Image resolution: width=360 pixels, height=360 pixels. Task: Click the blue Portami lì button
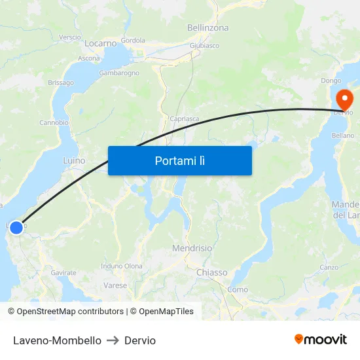click(x=179, y=160)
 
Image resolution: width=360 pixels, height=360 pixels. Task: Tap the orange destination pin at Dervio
click(x=344, y=99)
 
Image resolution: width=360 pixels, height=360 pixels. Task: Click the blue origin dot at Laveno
click(x=16, y=228)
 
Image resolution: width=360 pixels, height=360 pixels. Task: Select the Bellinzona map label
click(x=207, y=27)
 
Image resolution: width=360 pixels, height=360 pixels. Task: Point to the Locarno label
click(x=101, y=43)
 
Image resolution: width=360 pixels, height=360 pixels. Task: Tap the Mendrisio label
click(x=192, y=249)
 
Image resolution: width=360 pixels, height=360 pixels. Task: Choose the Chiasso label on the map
click(x=211, y=272)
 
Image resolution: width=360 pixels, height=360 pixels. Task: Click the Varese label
click(x=115, y=285)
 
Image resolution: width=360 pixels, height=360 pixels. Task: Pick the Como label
click(x=238, y=289)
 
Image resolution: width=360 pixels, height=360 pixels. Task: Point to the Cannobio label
click(x=54, y=122)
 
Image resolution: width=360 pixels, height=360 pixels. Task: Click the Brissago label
click(x=61, y=83)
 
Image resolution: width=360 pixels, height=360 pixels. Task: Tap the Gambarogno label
click(x=119, y=73)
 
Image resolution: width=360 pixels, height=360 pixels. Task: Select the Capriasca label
click(x=184, y=119)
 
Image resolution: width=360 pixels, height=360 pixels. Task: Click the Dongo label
click(x=331, y=81)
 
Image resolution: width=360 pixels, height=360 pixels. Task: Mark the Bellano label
click(x=343, y=135)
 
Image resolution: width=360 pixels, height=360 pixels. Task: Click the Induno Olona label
click(x=121, y=266)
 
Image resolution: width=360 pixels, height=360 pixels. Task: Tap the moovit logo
click(x=320, y=339)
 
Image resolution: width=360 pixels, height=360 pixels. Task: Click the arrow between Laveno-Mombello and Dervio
click(x=113, y=340)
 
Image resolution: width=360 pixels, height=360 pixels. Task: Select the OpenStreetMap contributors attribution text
click(x=66, y=312)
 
